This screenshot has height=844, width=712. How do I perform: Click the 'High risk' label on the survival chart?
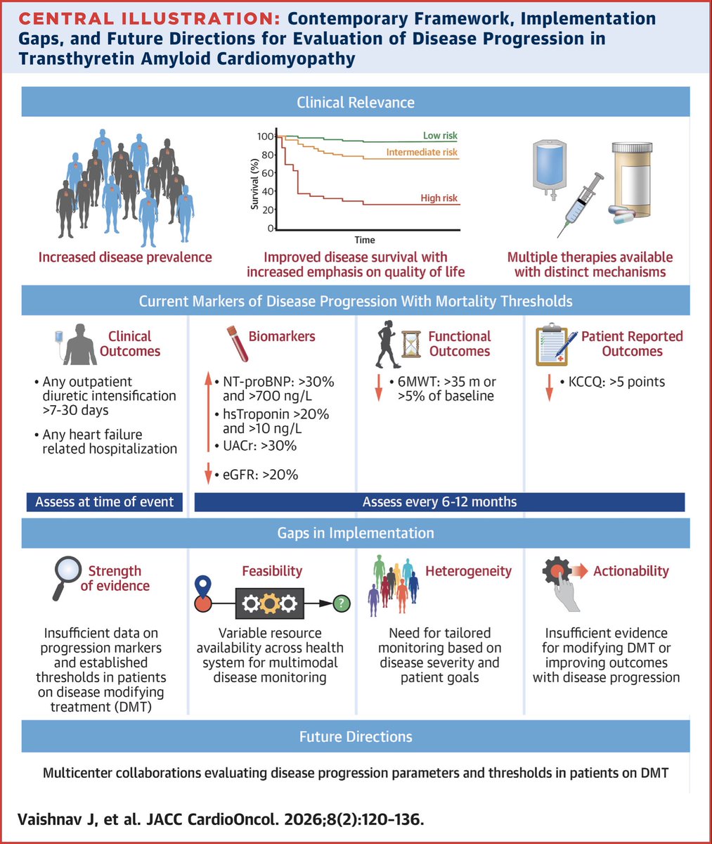point(439,198)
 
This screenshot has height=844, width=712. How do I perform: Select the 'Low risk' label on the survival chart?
point(440,136)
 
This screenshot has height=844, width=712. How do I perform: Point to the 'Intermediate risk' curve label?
point(422,152)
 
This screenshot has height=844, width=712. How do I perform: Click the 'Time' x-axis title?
point(365,240)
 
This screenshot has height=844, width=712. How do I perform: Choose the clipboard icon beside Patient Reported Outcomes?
point(551,345)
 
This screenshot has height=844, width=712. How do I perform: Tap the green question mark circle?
point(342,603)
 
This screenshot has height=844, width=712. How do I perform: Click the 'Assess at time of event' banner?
point(105,502)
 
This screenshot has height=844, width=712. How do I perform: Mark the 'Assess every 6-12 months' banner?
point(439,502)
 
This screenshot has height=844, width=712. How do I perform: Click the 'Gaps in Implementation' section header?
point(356,534)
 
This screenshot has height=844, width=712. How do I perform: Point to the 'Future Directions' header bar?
point(356,737)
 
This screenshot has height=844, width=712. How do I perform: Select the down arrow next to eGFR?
point(208,474)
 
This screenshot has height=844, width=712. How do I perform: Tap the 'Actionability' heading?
point(630,571)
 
